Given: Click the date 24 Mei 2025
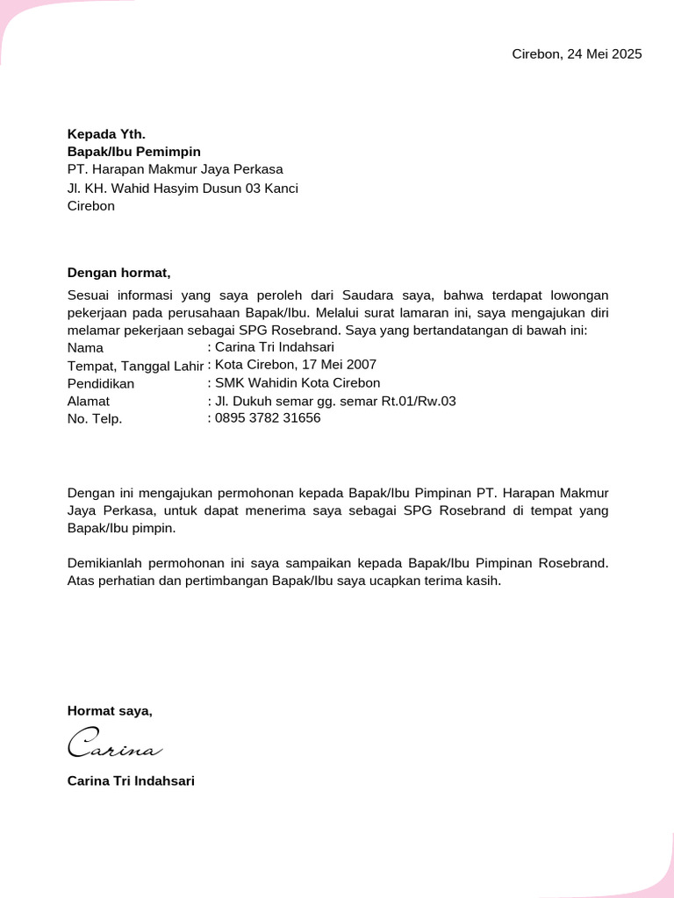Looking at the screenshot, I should tap(604, 54).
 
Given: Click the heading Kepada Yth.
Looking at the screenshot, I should tap(106, 134).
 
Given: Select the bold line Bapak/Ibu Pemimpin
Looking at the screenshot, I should tap(134, 152).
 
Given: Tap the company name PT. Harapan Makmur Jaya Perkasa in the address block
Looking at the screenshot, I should tap(176, 170).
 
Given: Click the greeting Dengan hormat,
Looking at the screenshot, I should tap(118, 273).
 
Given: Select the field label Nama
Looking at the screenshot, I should tap(85, 348).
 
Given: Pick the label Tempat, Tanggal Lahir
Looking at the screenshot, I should tap(135, 366).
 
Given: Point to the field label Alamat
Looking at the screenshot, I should tap(89, 401).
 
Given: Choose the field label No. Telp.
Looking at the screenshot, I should tap(95, 418).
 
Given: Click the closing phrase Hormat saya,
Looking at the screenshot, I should tap(110, 711).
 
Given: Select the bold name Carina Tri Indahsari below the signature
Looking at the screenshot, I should tap(131, 780).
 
